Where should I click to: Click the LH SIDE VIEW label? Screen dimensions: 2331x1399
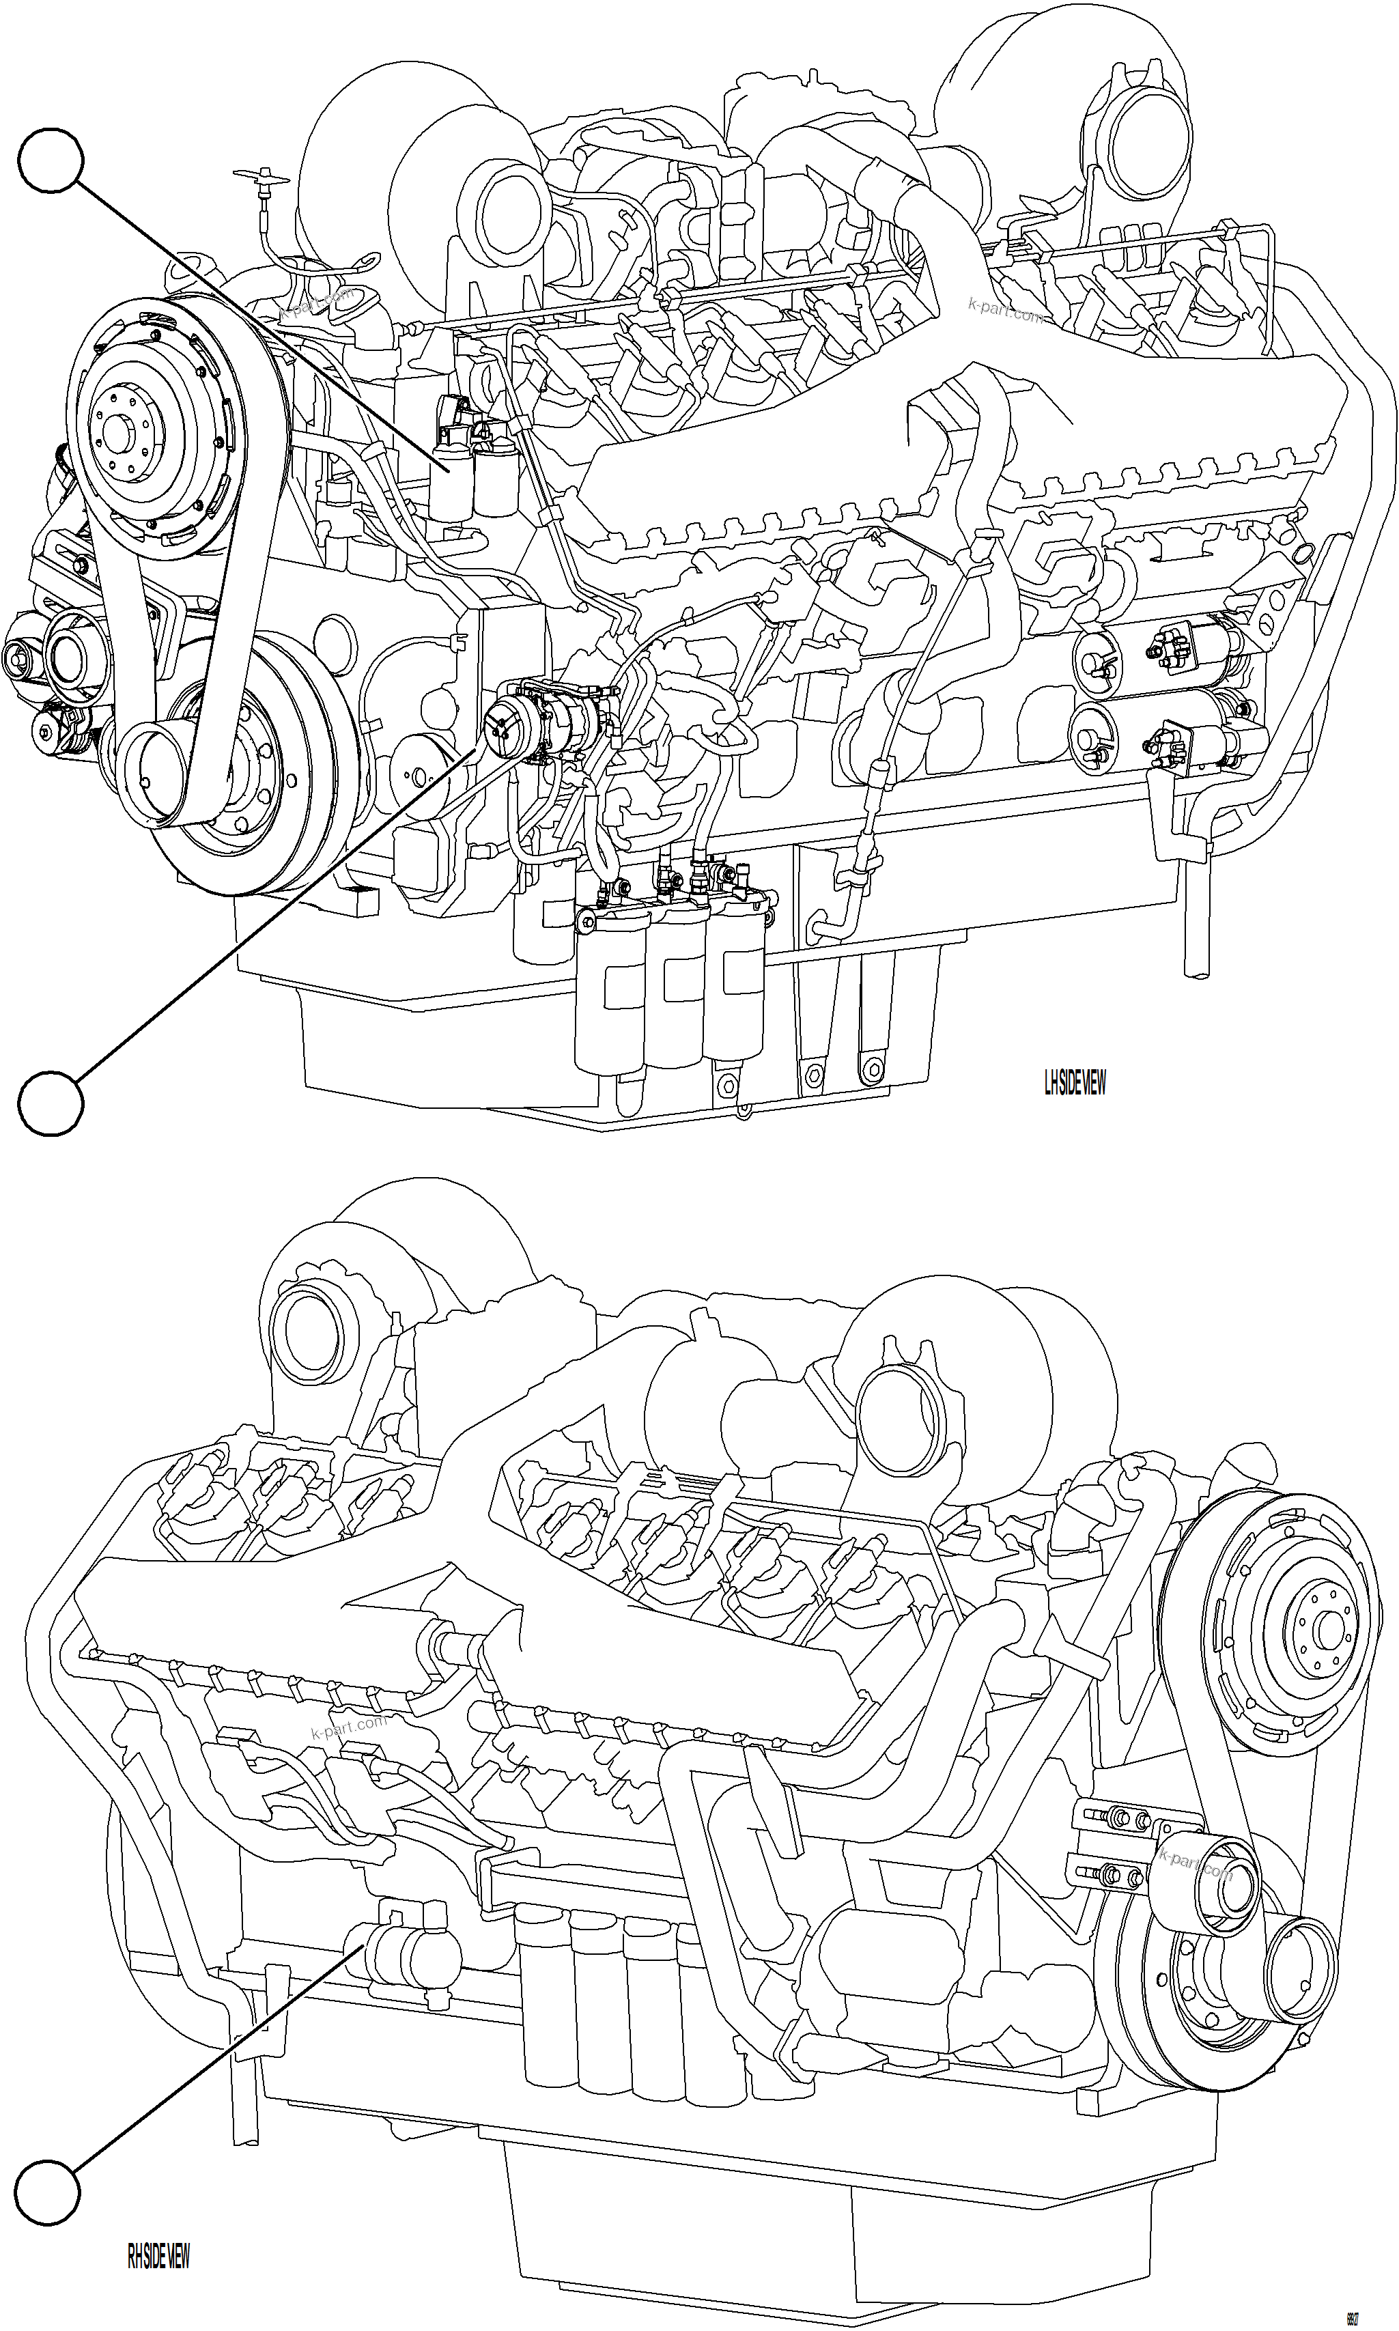pyautogui.click(x=1074, y=1084)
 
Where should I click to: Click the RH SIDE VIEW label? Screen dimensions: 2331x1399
pyautogui.click(x=158, y=2257)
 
